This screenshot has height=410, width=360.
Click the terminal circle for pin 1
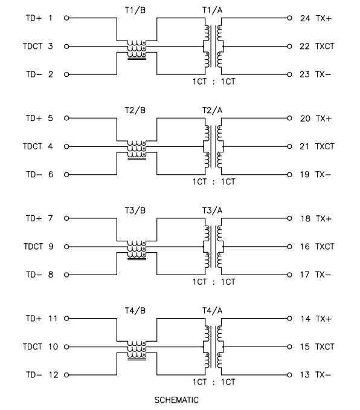click(x=66, y=18)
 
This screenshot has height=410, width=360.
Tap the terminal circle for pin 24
click(x=289, y=18)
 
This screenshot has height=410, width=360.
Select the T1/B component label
click(x=135, y=10)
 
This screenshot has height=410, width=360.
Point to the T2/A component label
click(x=212, y=110)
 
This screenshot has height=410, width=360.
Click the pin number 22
click(x=304, y=47)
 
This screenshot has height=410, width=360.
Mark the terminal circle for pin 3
click(x=66, y=47)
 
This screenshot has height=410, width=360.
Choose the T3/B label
click(x=135, y=210)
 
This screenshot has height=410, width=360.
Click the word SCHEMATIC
click(x=176, y=400)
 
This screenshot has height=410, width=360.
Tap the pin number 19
click(x=304, y=174)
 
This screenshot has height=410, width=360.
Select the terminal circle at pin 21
click(x=289, y=146)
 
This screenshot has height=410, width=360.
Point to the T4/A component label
click(x=212, y=311)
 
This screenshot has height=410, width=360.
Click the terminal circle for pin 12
click(x=66, y=375)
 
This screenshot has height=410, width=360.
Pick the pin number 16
click(x=304, y=247)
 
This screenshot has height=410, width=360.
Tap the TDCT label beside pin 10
click(x=33, y=347)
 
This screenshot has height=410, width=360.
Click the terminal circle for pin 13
click(x=289, y=375)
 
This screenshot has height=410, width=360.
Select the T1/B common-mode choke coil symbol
click(x=137, y=50)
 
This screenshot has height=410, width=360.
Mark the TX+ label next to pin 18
click(x=323, y=218)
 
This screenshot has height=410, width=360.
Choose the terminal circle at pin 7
click(x=66, y=218)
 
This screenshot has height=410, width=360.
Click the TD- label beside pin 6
click(x=34, y=174)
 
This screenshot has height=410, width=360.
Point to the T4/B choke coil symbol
click(x=137, y=350)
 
